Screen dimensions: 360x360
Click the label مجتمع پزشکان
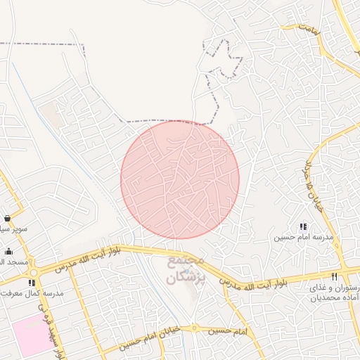186,269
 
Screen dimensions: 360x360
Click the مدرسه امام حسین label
302,238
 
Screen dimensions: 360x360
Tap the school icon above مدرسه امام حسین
303,226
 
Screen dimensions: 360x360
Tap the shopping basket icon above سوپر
7,218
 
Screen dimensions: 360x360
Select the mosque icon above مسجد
8,251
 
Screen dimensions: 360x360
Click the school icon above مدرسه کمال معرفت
31,283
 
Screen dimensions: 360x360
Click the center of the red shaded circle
180,179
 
